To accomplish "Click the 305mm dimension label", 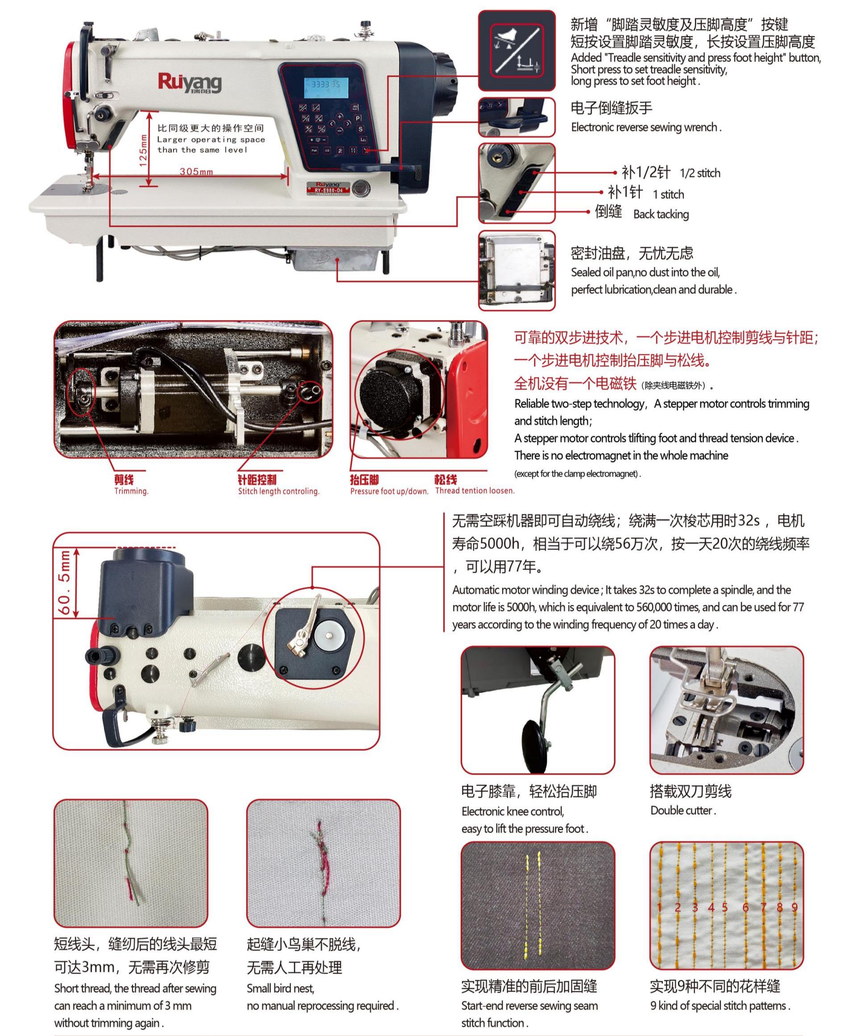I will [x=196, y=172].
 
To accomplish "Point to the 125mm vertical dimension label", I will [x=143, y=150].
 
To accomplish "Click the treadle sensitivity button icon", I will [x=516, y=50].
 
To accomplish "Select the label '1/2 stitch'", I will [x=699, y=173].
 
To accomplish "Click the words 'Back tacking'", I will [x=660, y=214].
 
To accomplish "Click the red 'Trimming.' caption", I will [x=131, y=491].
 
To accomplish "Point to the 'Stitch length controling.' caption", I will [x=278, y=491].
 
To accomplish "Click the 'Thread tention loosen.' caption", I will [x=474, y=491].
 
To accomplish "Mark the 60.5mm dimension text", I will [x=65, y=582].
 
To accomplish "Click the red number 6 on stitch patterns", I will [x=745, y=907].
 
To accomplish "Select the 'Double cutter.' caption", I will [x=683, y=810].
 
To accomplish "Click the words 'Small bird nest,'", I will [x=280, y=988].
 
